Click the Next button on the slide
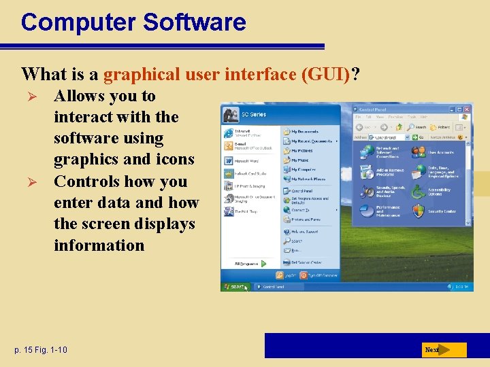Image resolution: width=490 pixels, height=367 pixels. tap(442, 350)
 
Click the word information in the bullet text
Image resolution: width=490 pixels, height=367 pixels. tap(99, 245)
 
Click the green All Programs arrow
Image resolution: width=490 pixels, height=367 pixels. tap(263, 263)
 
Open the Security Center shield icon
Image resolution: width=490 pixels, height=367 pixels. tap(419, 211)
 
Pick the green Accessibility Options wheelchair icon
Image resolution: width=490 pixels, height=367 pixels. tap(419, 192)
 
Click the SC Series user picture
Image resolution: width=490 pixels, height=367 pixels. tap(228, 115)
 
